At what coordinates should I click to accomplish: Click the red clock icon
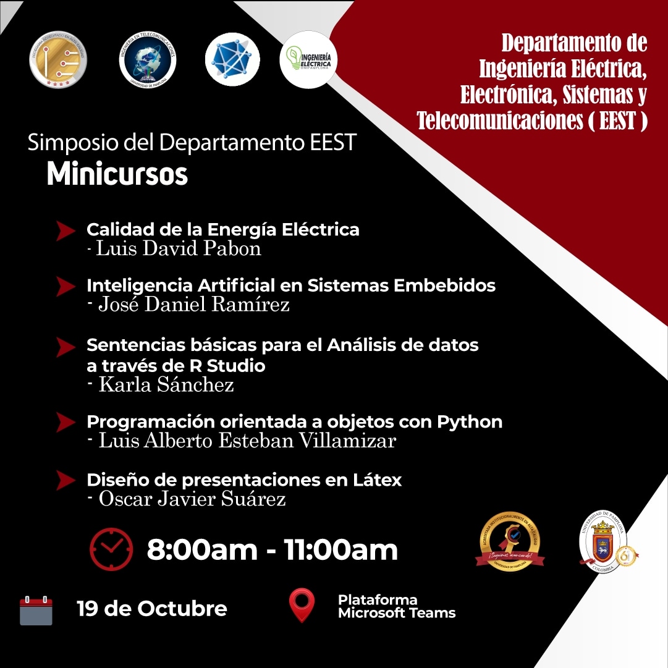pyautogui.click(x=111, y=549)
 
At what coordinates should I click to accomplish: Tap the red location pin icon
pyautogui.click(x=302, y=605)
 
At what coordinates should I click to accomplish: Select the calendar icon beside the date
pyautogui.click(x=36, y=611)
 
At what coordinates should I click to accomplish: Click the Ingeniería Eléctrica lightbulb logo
pyautogui.click(x=308, y=59)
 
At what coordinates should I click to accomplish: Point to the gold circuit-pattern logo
pyautogui.click(x=58, y=59)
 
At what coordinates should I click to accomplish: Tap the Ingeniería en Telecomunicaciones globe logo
pyautogui.click(x=148, y=60)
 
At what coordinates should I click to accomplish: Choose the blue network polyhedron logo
pyautogui.click(x=232, y=59)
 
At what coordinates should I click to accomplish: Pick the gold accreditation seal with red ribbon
pyautogui.click(x=510, y=541)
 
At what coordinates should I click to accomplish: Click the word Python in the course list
pyautogui.click(x=470, y=422)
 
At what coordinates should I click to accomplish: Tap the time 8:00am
pyautogui.click(x=201, y=550)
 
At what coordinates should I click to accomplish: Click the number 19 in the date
pyautogui.click(x=88, y=609)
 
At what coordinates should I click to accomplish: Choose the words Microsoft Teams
pyautogui.click(x=397, y=614)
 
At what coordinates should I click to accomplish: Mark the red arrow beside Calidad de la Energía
pyautogui.click(x=66, y=230)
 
